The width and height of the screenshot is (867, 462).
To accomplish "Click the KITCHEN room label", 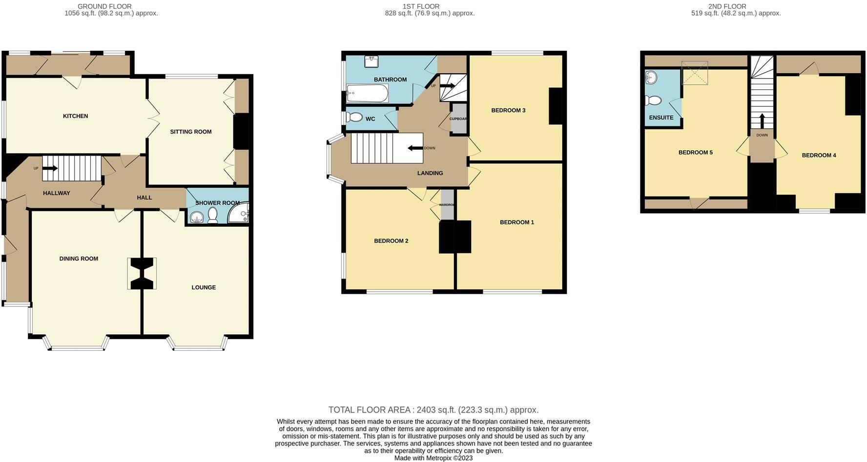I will pyautogui.click(x=75, y=116).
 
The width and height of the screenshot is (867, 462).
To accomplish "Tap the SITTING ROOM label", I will pyautogui.click(x=190, y=132).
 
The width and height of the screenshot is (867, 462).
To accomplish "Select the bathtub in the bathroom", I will pyautogui.click(x=367, y=93).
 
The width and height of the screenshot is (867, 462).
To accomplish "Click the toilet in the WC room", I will pyautogui.click(x=355, y=118).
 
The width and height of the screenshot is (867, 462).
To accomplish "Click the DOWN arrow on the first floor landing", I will pyautogui.click(x=415, y=148).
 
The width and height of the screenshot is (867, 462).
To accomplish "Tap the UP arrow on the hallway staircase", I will pyautogui.click(x=50, y=169).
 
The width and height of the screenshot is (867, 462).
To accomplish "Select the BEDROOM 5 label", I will pyautogui.click(x=695, y=153).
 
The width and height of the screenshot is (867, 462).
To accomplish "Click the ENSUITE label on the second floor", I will pyautogui.click(x=661, y=118).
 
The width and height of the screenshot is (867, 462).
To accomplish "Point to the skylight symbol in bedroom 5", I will pyautogui.click(x=695, y=73).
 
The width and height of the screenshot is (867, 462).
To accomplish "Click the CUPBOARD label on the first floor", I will pyautogui.click(x=458, y=119).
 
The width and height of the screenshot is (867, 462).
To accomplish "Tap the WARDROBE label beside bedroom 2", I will pyautogui.click(x=447, y=205).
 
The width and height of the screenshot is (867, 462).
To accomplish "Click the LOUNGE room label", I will pyautogui.click(x=203, y=287).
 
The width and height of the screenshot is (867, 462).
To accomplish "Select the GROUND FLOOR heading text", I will pyautogui.click(x=104, y=6).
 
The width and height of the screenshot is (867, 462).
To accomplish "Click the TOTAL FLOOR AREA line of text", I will pyautogui.click(x=433, y=410).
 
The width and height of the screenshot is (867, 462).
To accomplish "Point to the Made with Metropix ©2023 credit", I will pyautogui.click(x=433, y=458).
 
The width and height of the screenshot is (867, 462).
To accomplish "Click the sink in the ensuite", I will pyautogui.click(x=651, y=77).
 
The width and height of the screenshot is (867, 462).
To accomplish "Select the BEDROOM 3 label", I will pyautogui.click(x=508, y=110).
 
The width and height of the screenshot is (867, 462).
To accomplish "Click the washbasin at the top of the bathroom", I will pyautogui.click(x=372, y=61).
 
